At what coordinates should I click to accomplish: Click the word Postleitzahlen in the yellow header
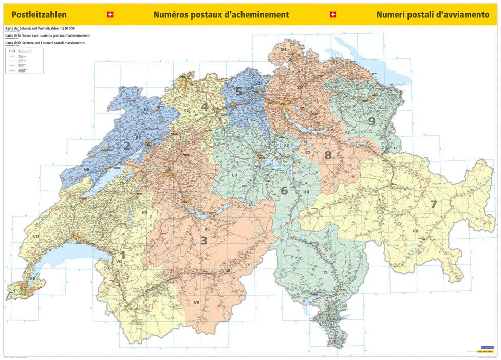point(39,15)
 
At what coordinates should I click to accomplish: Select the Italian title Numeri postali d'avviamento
point(432,15)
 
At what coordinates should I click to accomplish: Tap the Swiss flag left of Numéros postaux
point(109,15)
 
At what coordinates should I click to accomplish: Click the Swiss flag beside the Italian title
point(333,15)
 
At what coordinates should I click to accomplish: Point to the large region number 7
point(433,204)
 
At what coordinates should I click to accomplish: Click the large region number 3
point(203,240)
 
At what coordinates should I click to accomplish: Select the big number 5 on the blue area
point(238,92)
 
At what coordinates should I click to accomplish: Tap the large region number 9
point(372,121)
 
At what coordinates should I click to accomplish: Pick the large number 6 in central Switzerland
point(284,191)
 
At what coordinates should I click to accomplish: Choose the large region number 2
point(126,146)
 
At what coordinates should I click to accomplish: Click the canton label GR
point(416,231)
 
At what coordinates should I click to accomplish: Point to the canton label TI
point(325,279)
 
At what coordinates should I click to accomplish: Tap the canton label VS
point(196,303)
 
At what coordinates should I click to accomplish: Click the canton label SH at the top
point(283,49)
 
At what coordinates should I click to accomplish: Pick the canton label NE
point(87,169)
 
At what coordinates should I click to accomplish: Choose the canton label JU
point(145,110)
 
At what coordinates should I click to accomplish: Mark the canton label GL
point(347,171)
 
